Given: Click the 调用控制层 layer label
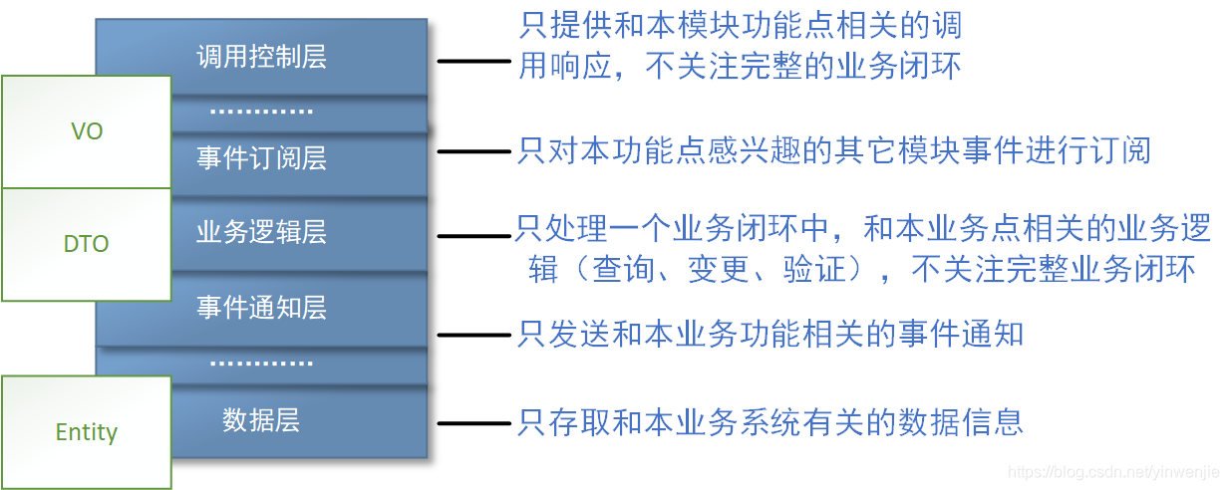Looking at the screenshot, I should point(261,56).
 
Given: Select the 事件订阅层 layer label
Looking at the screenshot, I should point(261,158).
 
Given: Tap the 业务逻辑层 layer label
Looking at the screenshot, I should point(261,232).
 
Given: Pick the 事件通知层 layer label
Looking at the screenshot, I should point(261,307).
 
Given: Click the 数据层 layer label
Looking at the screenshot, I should point(261,420).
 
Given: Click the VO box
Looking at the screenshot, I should point(87,131).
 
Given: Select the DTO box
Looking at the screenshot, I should point(87,244).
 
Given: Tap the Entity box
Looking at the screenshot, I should point(87,432).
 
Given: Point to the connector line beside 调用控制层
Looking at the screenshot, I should point(474,62).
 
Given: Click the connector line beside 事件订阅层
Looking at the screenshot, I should point(474,151).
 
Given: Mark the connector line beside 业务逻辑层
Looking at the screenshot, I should point(474,236).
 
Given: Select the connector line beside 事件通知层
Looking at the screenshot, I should point(474,335).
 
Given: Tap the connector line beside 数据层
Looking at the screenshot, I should point(474,422).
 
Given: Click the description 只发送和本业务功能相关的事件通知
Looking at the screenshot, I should point(769,334).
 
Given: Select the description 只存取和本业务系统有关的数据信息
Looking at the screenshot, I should point(769,421).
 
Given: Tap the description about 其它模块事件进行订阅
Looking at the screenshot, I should point(833,151).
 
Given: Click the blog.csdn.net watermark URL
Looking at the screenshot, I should point(1115,470).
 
